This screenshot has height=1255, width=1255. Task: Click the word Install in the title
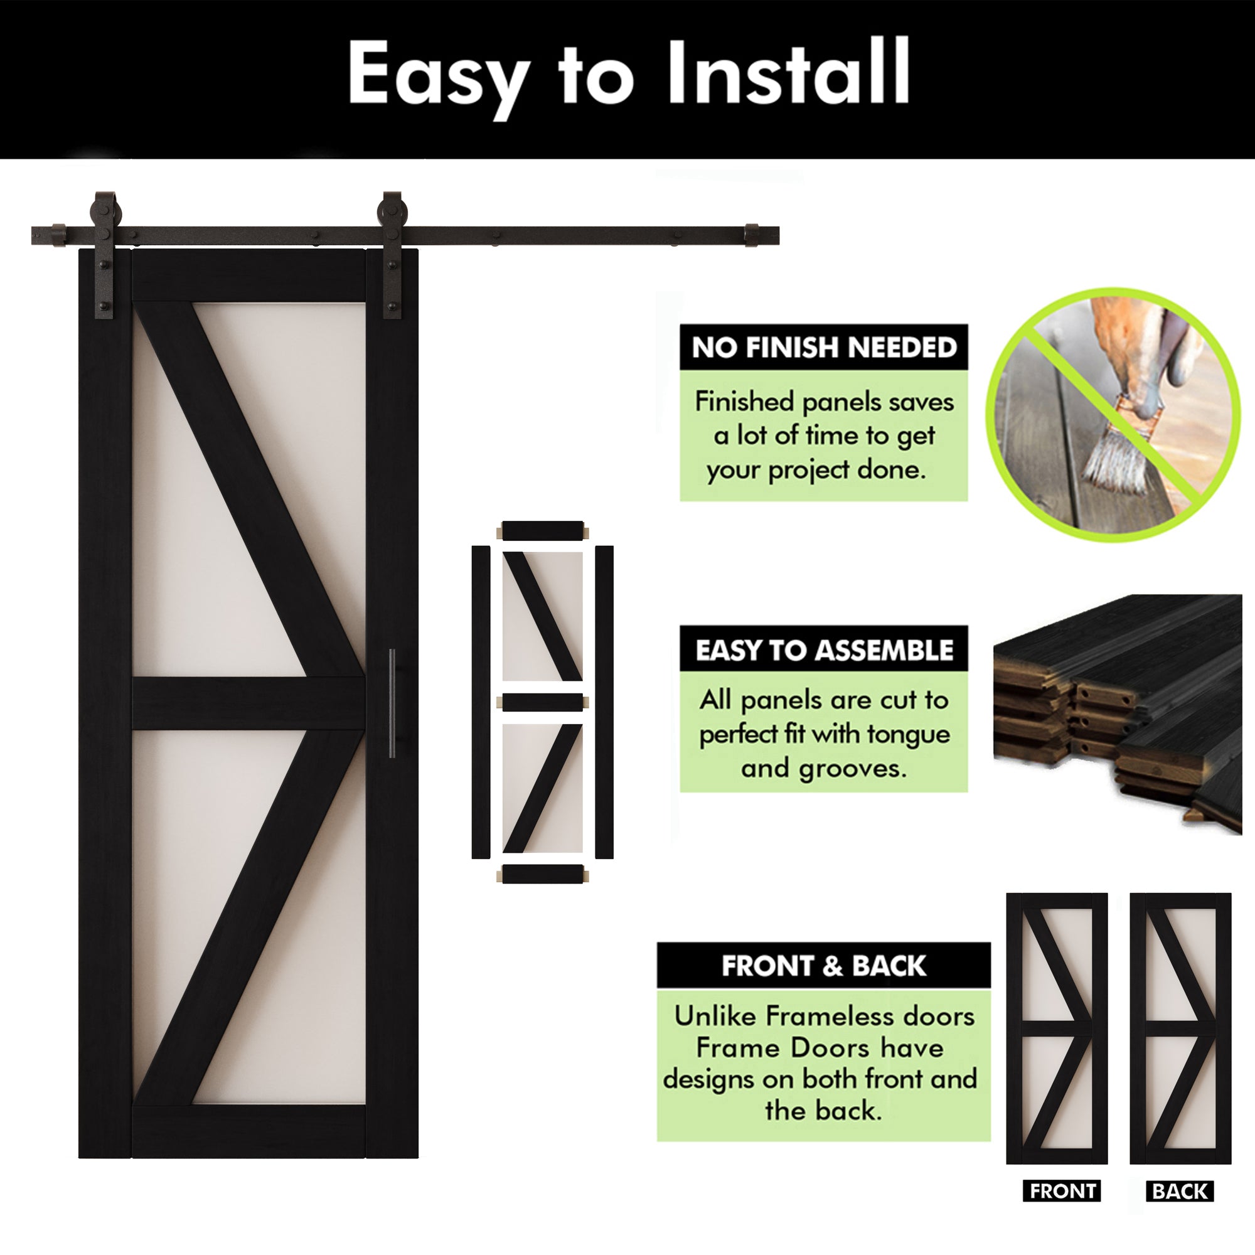click(788, 72)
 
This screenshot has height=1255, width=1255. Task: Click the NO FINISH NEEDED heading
click(824, 348)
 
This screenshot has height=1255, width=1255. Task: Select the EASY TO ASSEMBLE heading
click(824, 649)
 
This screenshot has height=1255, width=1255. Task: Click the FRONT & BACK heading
click(823, 966)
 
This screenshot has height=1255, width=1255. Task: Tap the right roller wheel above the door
click(392, 211)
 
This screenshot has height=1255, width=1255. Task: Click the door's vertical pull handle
click(392, 703)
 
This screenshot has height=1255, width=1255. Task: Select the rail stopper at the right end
click(751, 235)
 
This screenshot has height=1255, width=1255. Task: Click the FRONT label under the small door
click(1062, 1192)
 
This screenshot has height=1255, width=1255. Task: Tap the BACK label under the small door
click(1180, 1192)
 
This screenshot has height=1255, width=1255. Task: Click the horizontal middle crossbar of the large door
click(248, 703)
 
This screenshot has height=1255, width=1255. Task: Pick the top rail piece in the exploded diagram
click(543, 531)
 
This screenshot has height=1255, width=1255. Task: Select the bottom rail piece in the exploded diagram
click(543, 874)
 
